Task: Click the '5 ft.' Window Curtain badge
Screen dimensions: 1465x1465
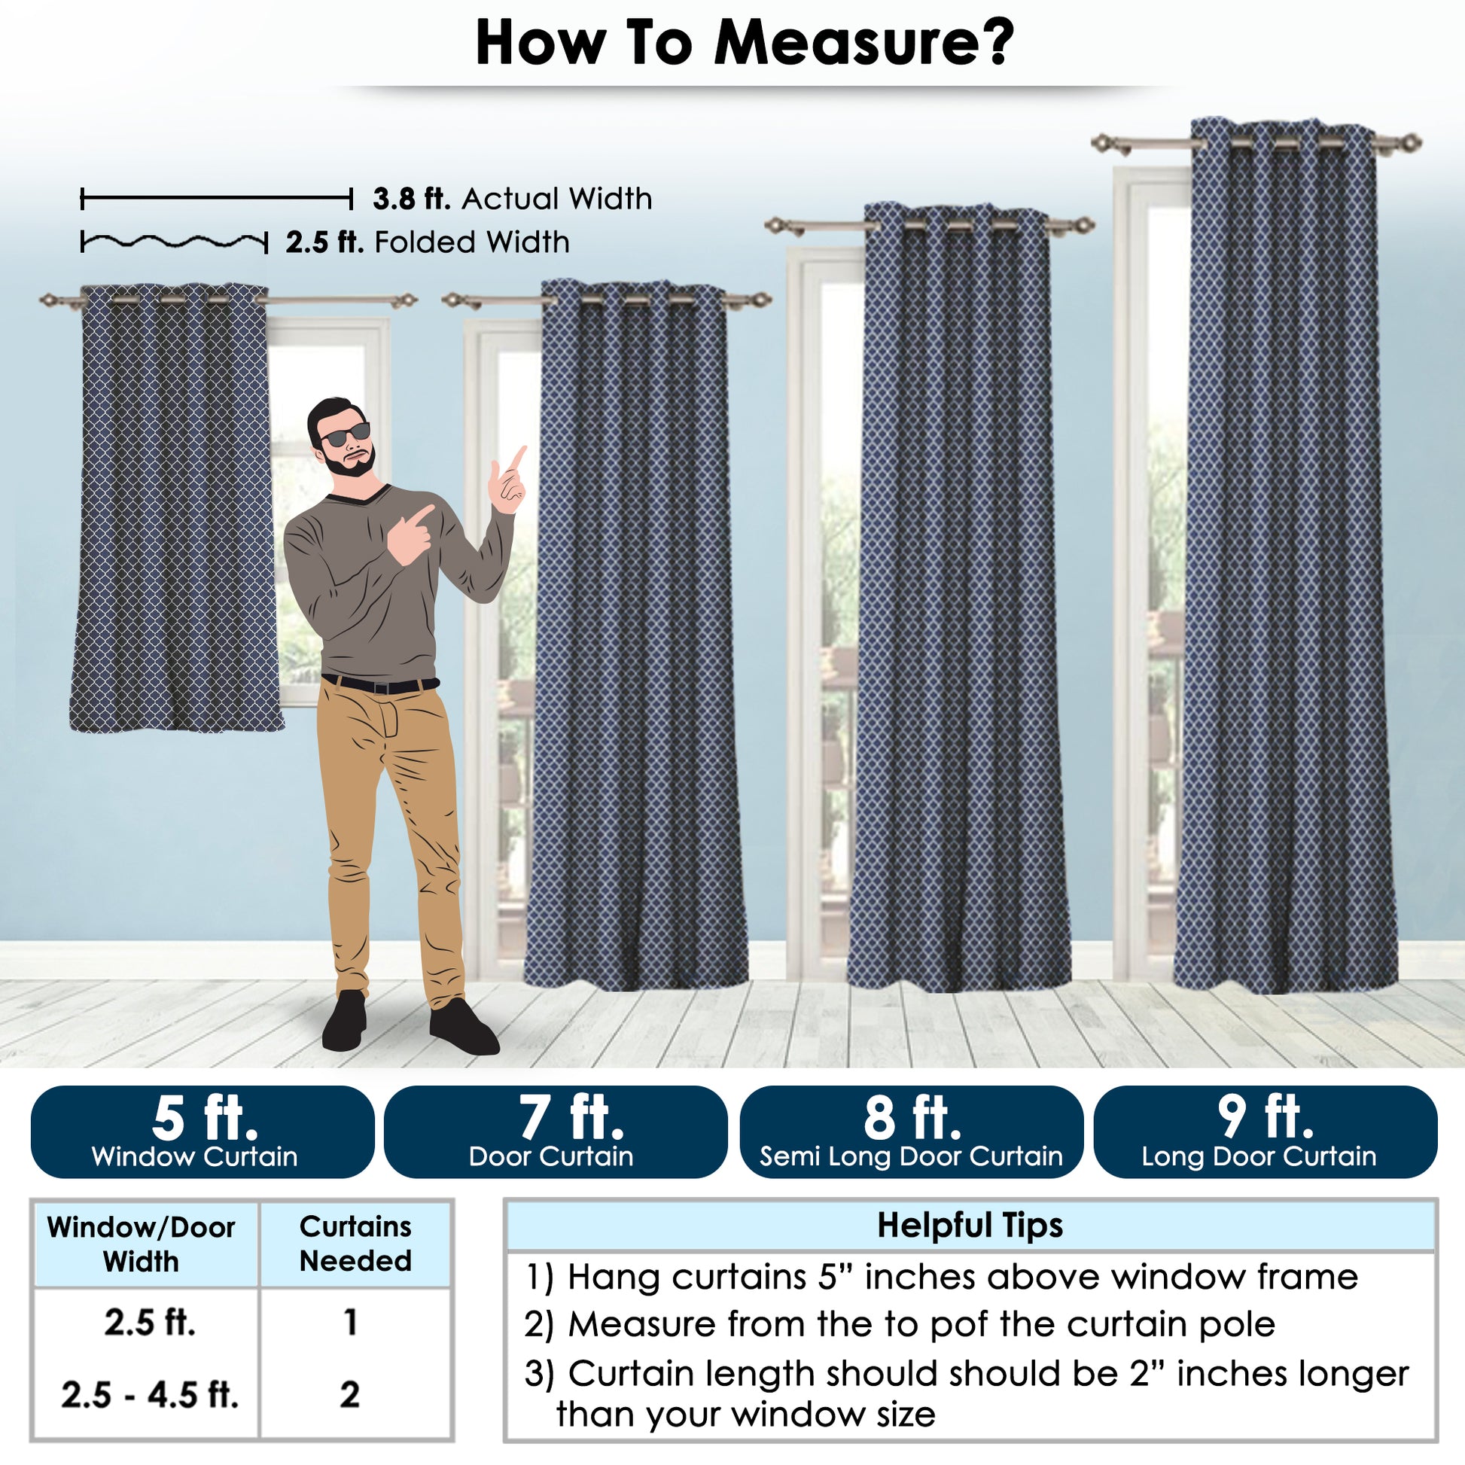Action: [x=203, y=1132]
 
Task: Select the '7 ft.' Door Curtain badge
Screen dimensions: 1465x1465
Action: [x=555, y=1132]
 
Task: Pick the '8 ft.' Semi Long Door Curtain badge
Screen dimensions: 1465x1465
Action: [x=911, y=1132]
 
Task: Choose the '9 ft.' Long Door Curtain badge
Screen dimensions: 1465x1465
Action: [x=1265, y=1132]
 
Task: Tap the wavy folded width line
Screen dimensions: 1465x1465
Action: [x=175, y=242]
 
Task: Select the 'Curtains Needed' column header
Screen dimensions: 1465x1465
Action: [x=355, y=1244]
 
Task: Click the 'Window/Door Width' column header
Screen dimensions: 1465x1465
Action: [x=141, y=1244]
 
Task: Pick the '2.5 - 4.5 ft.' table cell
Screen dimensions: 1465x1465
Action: [x=149, y=1395]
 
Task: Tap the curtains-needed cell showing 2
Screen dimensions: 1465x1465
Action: [x=349, y=1394]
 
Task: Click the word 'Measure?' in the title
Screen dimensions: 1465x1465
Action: [x=863, y=43]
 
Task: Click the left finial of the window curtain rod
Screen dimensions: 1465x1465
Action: [x=51, y=301]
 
